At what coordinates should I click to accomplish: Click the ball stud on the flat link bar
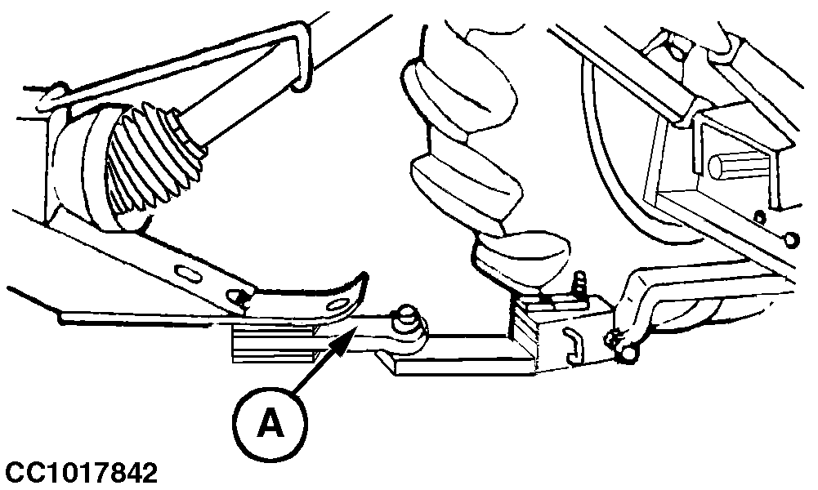point(406,319)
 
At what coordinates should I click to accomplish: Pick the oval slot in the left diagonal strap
point(186,273)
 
